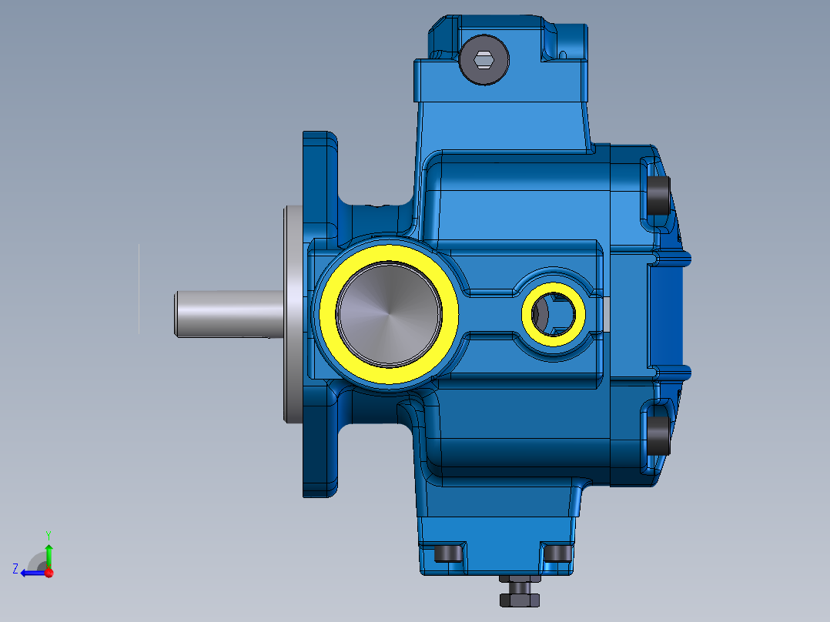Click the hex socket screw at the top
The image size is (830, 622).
[484, 59]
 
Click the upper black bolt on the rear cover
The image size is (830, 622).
[658, 196]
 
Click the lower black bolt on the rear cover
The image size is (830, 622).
[658, 435]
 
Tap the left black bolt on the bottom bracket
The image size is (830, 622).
[447, 553]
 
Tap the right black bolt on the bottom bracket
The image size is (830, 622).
[556, 553]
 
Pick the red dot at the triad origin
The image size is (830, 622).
[49, 573]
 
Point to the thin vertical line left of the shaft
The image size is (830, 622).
[139, 289]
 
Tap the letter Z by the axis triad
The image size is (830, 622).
[15, 568]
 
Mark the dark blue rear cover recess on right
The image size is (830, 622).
[670, 316]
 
